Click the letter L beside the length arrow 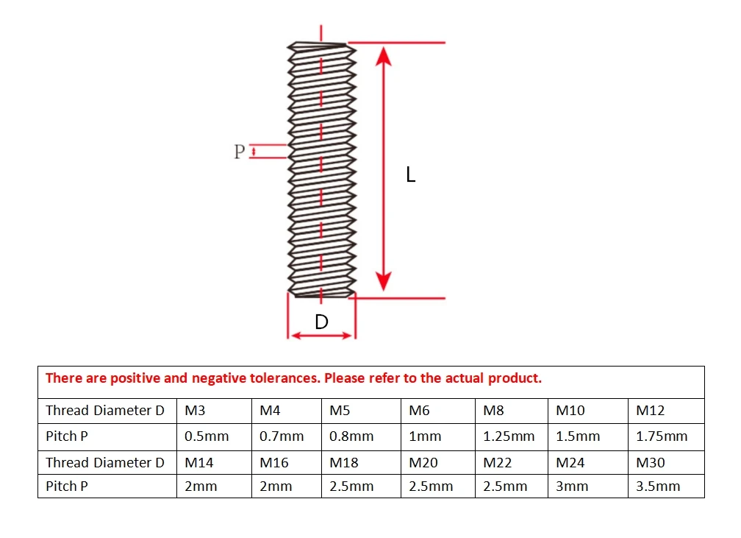[410, 175]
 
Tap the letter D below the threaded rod [321, 322]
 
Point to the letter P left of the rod [239, 152]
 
